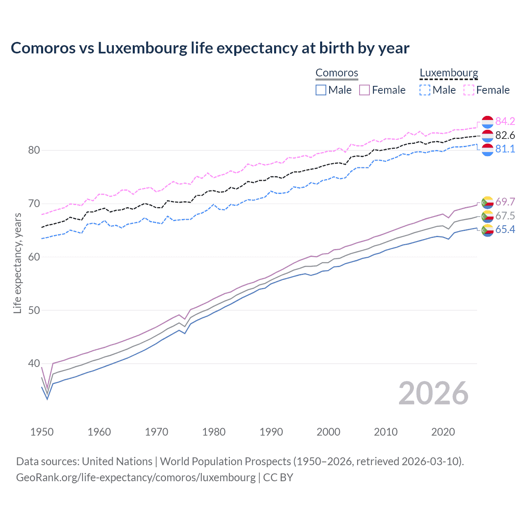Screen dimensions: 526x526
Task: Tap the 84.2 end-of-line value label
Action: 505,121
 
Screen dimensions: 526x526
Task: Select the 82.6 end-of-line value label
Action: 505,135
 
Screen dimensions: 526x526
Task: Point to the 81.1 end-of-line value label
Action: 505,149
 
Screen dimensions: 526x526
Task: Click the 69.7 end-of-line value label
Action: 505,202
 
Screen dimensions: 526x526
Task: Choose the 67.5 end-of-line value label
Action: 505,216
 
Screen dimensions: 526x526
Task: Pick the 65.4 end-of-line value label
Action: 505,229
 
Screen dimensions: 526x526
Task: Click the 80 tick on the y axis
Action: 34,150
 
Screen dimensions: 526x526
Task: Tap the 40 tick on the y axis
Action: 34,363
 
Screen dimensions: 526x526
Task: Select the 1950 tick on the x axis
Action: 42,432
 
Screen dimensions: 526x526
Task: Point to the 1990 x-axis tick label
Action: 271,432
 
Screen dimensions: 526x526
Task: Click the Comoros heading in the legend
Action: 337,73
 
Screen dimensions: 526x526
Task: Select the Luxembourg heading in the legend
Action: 449,73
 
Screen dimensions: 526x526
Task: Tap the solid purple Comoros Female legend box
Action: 365,90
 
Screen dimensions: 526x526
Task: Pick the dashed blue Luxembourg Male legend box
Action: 425,90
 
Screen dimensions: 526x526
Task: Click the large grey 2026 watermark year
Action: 433,393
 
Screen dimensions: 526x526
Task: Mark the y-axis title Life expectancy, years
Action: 17,263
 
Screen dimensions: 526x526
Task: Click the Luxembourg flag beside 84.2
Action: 487,122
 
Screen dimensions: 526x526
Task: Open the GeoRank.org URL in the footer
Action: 136,478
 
